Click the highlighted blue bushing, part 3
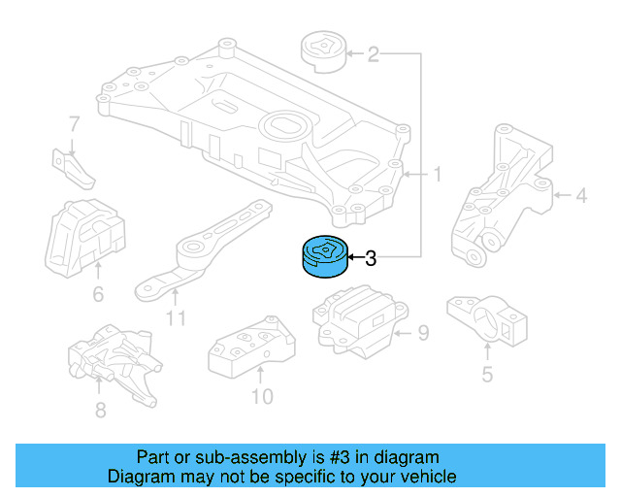(x=322, y=257)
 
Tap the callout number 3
(x=370, y=258)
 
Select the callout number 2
(x=373, y=54)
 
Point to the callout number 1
(x=437, y=175)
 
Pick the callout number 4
(x=580, y=196)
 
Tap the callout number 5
(x=487, y=373)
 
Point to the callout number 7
(x=73, y=123)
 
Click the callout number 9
(x=422, y=335)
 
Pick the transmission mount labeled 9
(x=357, y=318)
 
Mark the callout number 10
(x=261, y=396)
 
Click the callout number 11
(x=175, y=316)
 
